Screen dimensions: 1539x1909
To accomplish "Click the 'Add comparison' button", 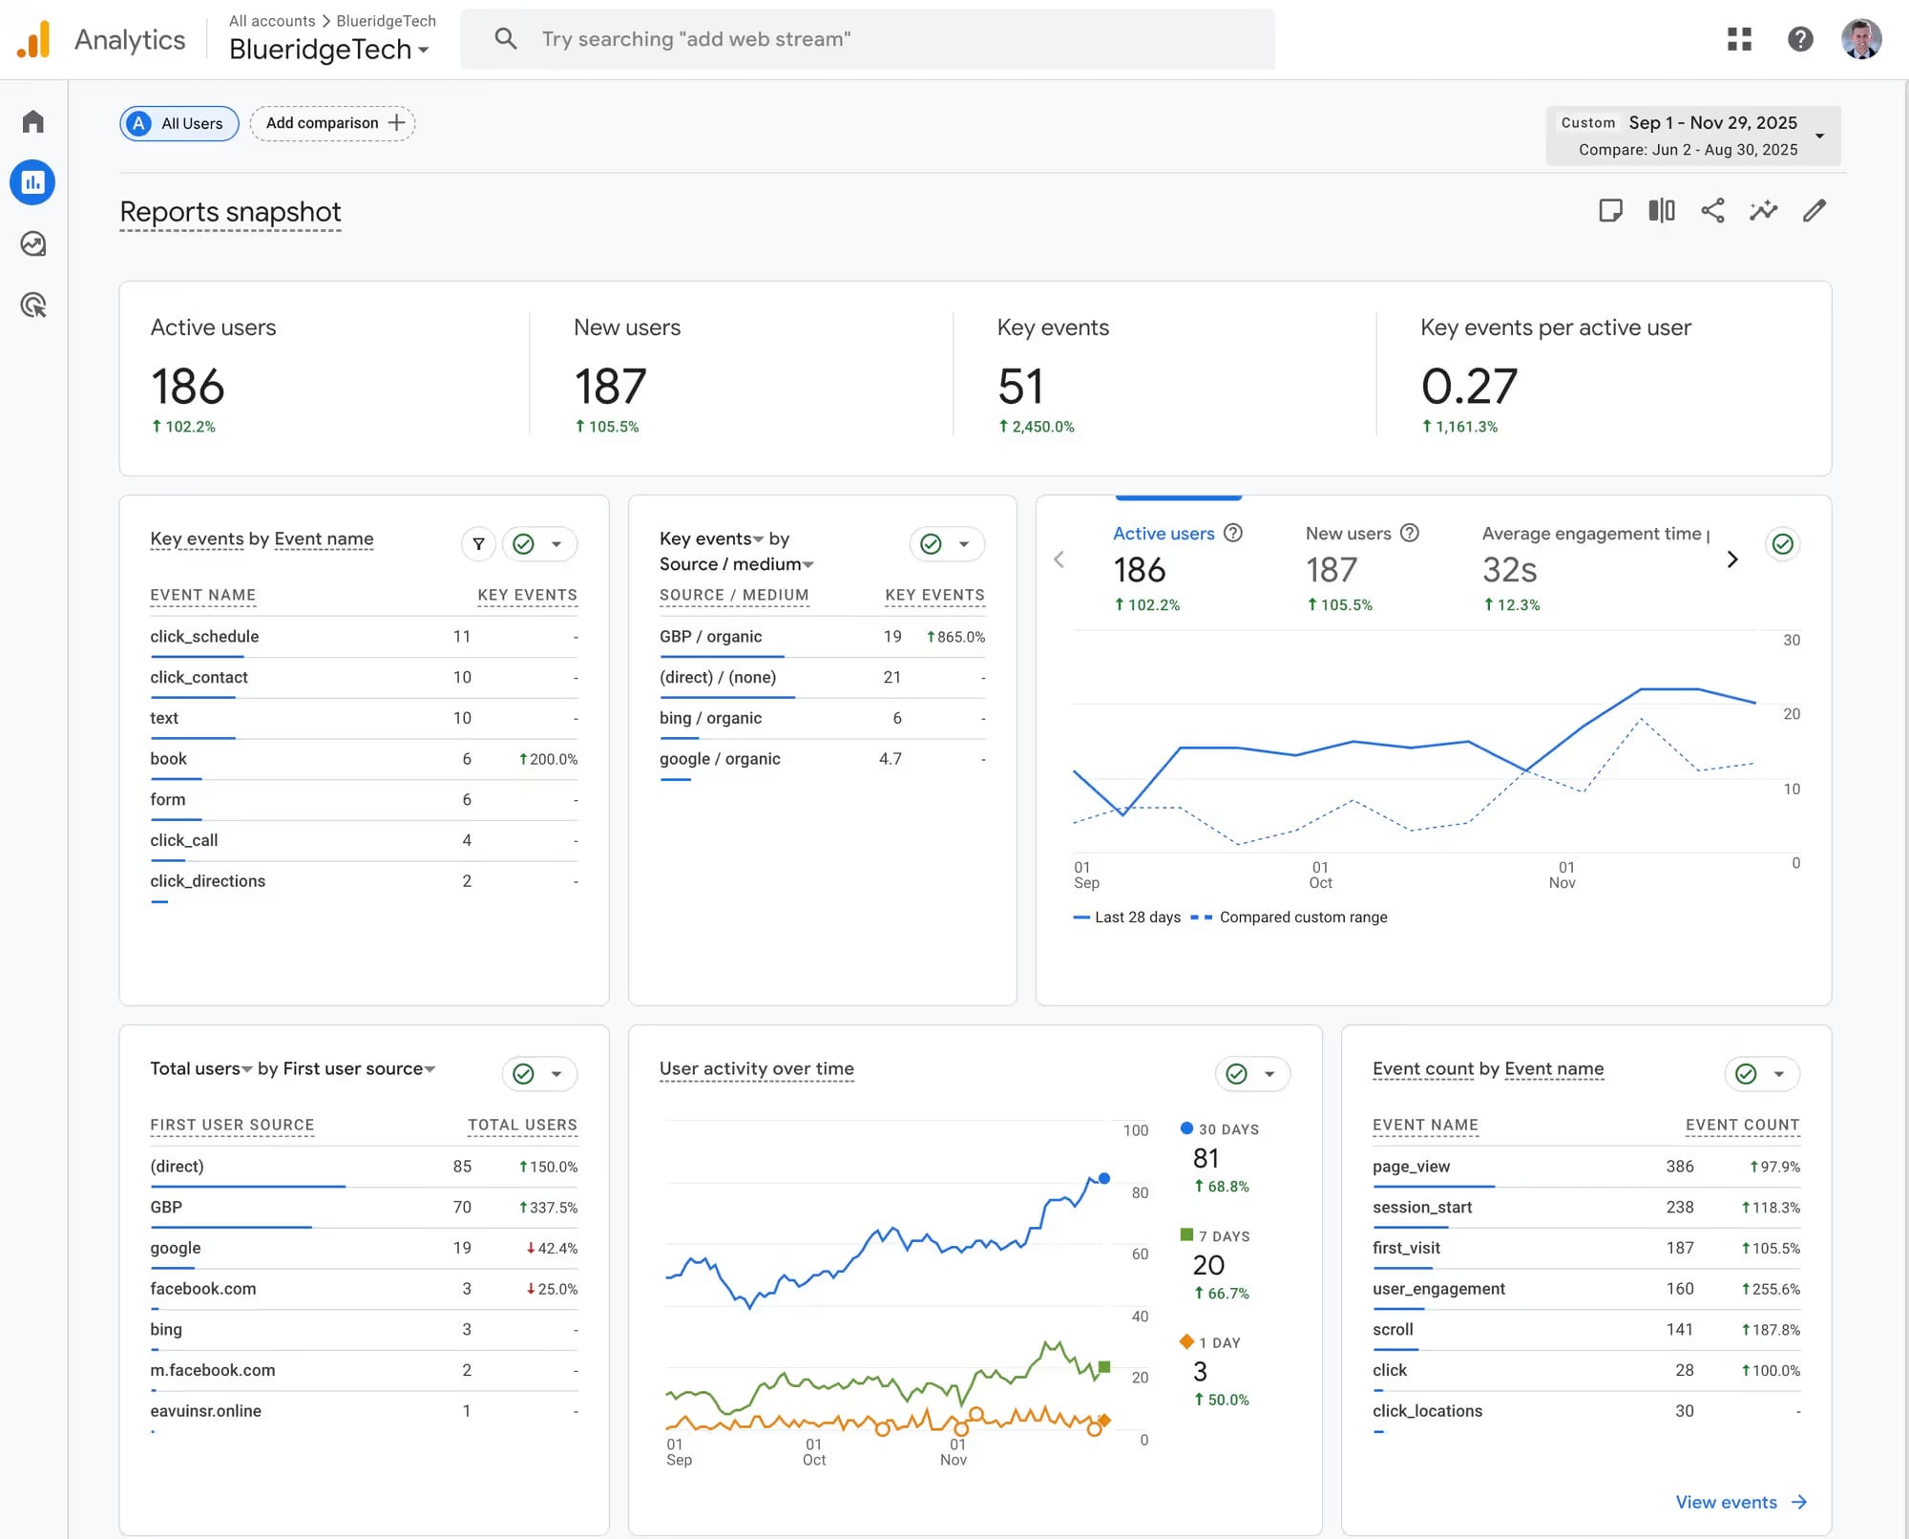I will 333,123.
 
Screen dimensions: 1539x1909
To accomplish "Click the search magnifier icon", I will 506,39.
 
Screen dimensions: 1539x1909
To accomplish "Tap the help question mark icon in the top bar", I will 1800,39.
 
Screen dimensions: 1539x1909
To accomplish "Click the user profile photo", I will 1861,39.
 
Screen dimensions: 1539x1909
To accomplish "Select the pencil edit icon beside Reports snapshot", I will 1815,211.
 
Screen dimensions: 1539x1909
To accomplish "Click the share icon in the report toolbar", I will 1712,211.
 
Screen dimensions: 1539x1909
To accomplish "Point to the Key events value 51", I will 1020,387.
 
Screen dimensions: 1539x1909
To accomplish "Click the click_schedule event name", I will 204,637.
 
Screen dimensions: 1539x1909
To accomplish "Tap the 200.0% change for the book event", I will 549,759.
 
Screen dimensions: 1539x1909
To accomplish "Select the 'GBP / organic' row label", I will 710,637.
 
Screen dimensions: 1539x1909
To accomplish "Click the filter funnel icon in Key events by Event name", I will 478,544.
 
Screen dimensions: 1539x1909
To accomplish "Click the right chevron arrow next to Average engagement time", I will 1732,559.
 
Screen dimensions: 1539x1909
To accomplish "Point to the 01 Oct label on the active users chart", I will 1320,875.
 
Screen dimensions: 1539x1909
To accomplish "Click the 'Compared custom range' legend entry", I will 1303,917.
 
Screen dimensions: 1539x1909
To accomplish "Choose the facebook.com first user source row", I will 203,1289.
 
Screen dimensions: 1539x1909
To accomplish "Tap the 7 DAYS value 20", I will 1208,1265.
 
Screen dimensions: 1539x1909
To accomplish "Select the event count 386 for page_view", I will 1679,1167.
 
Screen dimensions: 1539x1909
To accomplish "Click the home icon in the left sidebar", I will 33,122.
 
